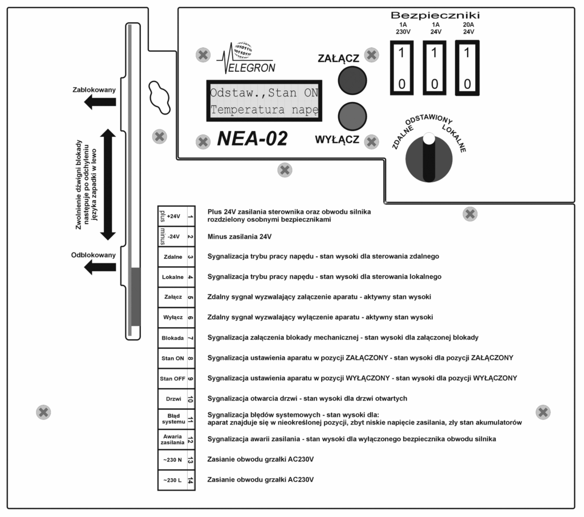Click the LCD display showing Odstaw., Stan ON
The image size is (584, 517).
(x=264, y=100)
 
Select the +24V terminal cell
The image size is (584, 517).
(x=173, y=216)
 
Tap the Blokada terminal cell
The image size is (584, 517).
(x=173, y=337)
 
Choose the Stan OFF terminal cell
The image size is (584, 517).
(x=173, y=378)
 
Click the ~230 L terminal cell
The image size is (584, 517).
(x=173, y=480)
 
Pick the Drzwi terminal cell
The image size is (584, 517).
(x=173, y=398)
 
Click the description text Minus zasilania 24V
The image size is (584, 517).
(x=240, y=236)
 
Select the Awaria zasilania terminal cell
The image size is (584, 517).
(x=173, y=439)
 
